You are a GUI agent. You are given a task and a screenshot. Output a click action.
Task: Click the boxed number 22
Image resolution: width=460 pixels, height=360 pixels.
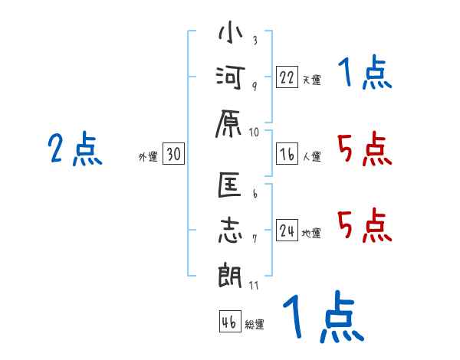click(287, 77)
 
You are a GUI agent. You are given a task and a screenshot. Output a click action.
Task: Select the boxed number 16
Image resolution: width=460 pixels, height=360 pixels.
click(287, 154)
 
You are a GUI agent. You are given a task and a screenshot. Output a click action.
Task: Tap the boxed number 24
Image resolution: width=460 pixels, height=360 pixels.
click(287, 231)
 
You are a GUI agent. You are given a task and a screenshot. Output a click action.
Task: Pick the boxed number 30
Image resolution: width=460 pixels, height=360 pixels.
click(173, 154)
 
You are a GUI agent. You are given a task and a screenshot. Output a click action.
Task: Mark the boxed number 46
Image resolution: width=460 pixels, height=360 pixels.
click(229, 322)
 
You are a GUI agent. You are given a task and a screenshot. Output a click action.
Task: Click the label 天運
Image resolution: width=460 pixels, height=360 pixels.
click(311, 80)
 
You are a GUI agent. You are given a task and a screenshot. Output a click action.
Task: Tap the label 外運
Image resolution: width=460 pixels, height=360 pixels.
click(147, 157)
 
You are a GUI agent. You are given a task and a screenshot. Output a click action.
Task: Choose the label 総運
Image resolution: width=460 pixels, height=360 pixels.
click(255, 325)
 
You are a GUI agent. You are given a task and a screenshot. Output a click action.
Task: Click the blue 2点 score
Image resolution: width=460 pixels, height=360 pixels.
click(75, 149)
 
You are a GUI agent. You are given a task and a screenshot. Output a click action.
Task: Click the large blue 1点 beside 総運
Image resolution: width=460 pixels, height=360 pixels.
click(322, 317)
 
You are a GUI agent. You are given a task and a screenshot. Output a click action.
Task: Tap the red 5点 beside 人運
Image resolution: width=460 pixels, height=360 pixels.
click(364, 149)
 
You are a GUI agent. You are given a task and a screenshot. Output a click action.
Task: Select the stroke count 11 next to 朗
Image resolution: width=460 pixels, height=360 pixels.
click(255, 286)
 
